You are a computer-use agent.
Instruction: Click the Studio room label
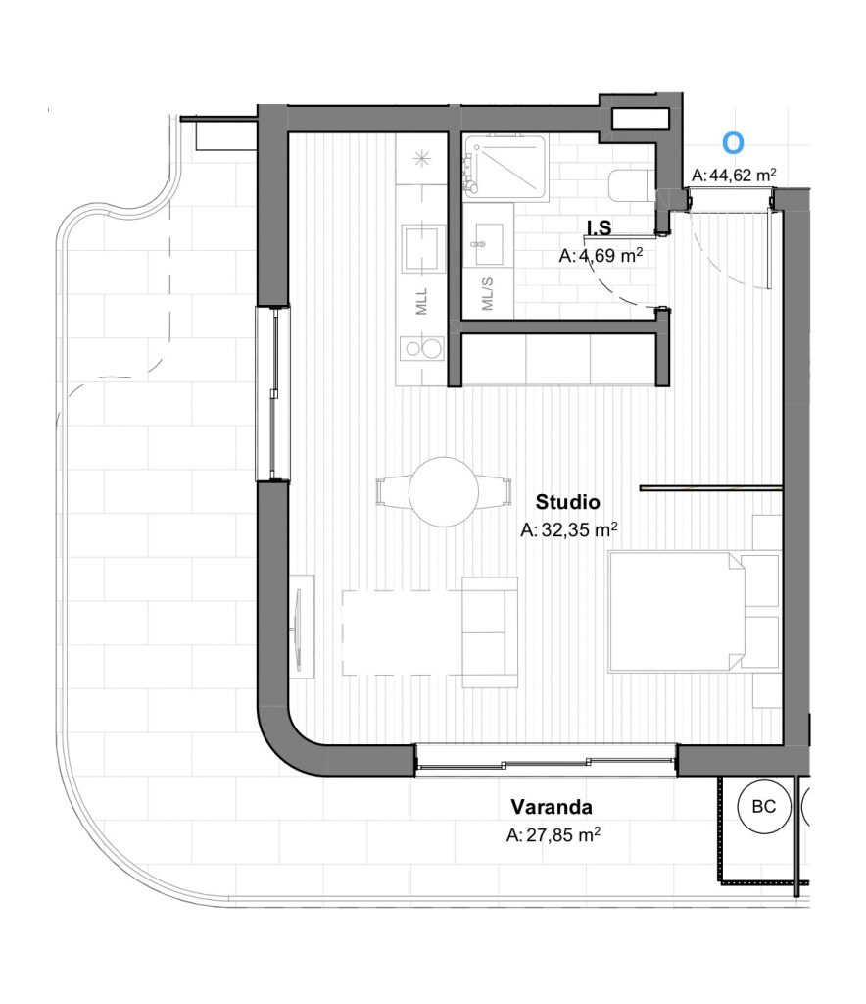pos(568,502)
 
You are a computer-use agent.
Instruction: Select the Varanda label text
pos(552,807)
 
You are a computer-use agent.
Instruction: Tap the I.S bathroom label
pos(600,227)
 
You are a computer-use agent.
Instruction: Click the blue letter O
pos(733,143)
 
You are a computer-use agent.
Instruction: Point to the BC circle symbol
pos(764,807)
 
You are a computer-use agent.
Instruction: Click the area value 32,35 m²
pos(568,529)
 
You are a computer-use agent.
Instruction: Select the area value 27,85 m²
pos(553,834)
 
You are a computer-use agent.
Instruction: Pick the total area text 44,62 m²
pos(735,175)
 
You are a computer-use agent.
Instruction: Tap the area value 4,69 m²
pos(601,256)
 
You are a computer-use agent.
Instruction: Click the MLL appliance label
pos(421,301)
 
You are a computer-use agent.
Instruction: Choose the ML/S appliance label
pos(487,294)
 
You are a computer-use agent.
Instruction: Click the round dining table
pos(443,492)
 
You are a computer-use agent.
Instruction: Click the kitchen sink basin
pos(423,248)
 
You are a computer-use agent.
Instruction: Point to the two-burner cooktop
pos(422,349)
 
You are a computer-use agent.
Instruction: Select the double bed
pos(694,612)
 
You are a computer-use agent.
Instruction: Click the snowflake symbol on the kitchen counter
pos(421,158)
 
